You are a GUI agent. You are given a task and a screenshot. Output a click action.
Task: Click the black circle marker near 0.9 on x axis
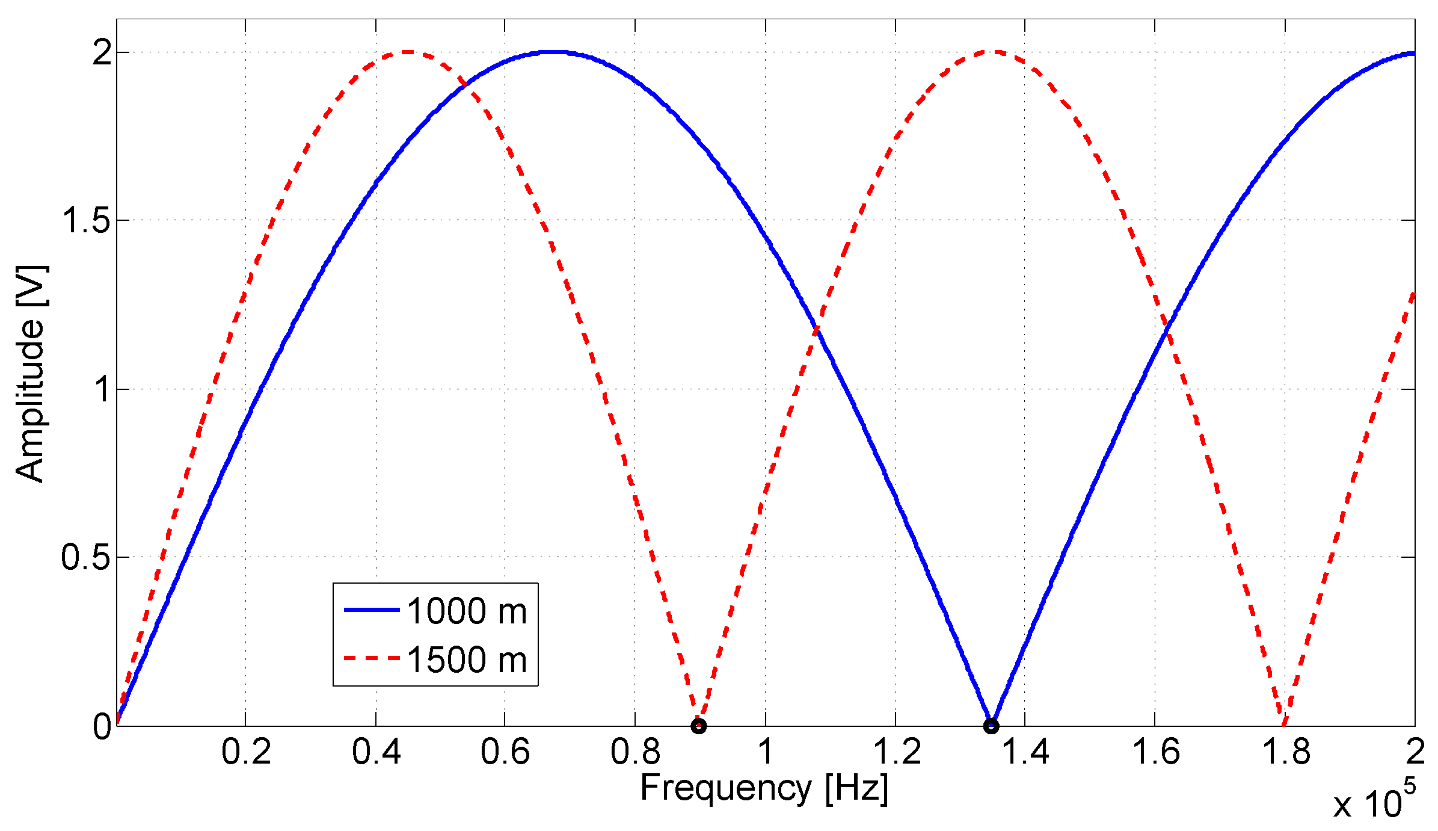pyautogui.click(x=698, y=726)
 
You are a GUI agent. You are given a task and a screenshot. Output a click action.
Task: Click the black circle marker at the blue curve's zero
pyautogui.click(x=991, y=726)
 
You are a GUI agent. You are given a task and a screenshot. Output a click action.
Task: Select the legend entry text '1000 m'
pyautogui.click(x=467, y=611)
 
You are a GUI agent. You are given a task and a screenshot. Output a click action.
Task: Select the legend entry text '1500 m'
pyautogui.click(x=467, y=659)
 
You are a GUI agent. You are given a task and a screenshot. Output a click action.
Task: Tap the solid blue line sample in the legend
pyautogui.click(x=372, y=610)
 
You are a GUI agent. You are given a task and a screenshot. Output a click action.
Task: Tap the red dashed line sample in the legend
pyautogui.click(x=372, y=658)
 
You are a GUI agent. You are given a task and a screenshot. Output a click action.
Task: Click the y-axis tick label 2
pyautogui.click(x=102, y=53)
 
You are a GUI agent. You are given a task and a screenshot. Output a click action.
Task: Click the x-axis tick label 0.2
pyautogui.click(x=246, y=752)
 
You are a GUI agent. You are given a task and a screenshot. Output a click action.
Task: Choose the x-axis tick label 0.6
pyautogui.click(x=505, y=752)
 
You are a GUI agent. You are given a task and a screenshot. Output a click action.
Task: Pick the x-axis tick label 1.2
pyautogui.click(x=896, y=752)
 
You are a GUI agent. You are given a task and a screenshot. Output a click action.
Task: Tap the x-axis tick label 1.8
pyautogui.click(x=1285, y=752)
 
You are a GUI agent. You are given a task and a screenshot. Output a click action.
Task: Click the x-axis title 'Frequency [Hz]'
pyautogui.click(x=764, y=788)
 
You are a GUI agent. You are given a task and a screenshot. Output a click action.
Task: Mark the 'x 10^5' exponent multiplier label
pyautogui.click(x=1374, y=800)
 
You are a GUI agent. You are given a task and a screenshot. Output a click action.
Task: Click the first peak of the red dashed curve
pyautogui.click(x=408, y=52)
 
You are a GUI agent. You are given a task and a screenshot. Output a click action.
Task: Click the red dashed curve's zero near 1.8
pyautogui.click(x=1283, y=724)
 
